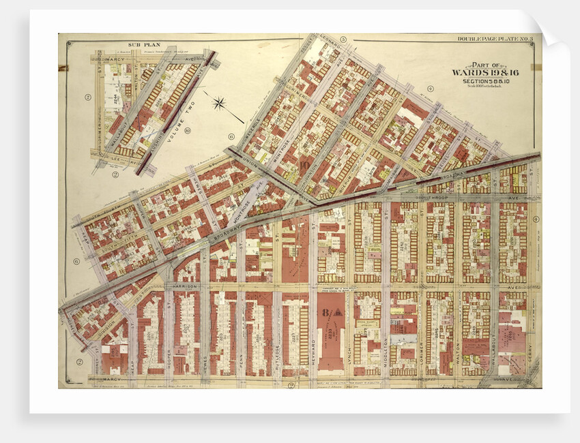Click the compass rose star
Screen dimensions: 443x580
pyautogui.click(x=219, y=104)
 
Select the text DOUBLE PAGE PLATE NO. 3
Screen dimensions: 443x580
pyautogui.click(x=495, y=40)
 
